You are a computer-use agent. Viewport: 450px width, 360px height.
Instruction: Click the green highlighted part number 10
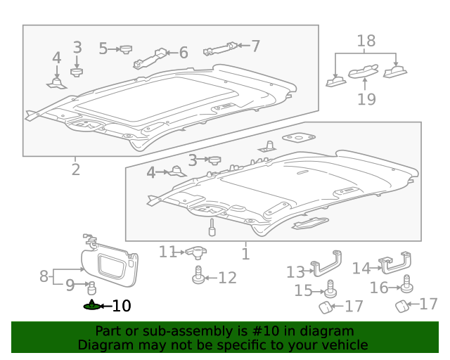91,306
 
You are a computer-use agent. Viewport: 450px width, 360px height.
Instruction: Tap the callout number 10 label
121,306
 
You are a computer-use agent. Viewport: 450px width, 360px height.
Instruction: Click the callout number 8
44,276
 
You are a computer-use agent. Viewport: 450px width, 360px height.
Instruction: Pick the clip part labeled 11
197,252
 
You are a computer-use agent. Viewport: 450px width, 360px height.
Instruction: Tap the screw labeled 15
330,289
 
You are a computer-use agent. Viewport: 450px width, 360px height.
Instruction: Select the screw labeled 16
406,285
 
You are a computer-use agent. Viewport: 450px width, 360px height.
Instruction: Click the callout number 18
366,41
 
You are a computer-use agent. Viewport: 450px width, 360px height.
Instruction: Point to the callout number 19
366,98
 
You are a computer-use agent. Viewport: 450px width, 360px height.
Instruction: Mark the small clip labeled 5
127,49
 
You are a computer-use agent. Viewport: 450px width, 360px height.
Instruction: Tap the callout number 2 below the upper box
75,169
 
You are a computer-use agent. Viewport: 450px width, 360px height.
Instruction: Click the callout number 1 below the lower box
245,254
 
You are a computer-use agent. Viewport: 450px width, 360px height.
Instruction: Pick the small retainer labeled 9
91,287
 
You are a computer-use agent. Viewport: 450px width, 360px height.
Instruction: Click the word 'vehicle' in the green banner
345,345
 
